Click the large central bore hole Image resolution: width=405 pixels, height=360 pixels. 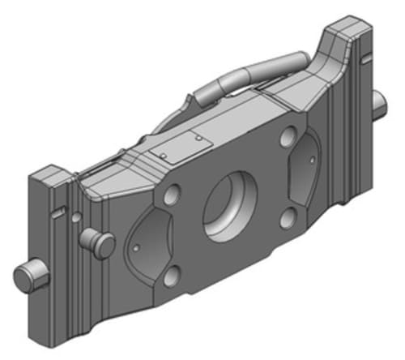tap(230, 204)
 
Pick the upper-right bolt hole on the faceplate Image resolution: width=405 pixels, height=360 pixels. tap(288, 138)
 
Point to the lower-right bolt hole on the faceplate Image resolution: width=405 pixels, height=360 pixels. tap(287, 217)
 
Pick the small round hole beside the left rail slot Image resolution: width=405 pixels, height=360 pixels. tap(75, 217)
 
